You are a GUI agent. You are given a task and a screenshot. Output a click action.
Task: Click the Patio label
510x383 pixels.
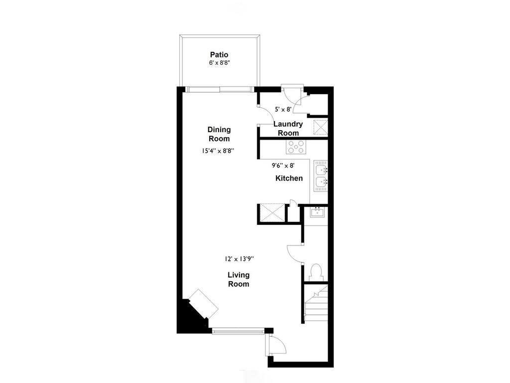[x=219, y=55]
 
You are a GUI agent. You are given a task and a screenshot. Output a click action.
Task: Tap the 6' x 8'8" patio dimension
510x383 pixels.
[x=219, y=63]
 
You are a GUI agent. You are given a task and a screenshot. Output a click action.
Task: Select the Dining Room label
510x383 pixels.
[x=219, y=134]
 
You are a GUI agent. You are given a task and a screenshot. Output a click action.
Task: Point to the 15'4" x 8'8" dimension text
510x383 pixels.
[x=218, y=151]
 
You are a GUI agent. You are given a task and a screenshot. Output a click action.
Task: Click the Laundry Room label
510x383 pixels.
[x=288, y=128]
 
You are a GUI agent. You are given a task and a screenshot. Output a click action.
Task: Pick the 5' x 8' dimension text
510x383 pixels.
[x=283, y=109]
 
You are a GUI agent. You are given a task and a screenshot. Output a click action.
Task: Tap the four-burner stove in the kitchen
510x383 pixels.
[x=296, y=147]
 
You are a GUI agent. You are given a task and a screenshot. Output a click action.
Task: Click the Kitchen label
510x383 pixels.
[x=289, y=178]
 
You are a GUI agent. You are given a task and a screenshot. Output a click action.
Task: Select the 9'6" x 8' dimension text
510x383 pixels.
[x=283, y=166]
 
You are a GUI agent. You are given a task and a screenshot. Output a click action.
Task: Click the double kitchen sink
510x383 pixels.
[x=321, y=176]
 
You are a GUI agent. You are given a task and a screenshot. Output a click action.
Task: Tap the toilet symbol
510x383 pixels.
[x=316, y=273]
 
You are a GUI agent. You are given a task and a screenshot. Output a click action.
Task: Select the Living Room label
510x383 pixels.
[x=239, y=279]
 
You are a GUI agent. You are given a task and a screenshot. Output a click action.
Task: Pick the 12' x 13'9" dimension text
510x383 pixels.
[x=239, y=259]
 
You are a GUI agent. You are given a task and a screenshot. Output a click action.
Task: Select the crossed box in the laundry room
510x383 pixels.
[x=320, y=127]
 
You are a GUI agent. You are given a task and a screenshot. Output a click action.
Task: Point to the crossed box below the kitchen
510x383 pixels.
[x=271, y=212]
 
